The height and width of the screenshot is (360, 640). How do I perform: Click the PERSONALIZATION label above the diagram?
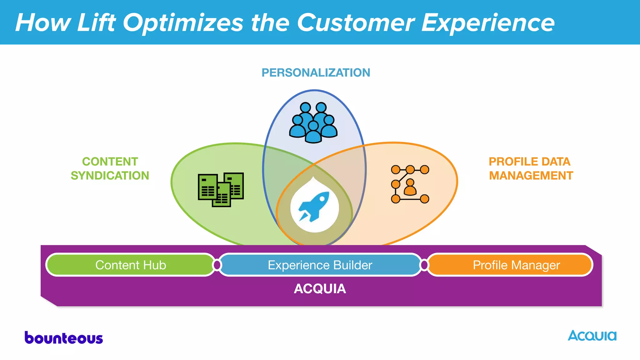tap(316, 73)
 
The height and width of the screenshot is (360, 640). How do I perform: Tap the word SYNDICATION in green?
tap(110, 176)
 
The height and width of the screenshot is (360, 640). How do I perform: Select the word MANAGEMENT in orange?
tap(531, 176)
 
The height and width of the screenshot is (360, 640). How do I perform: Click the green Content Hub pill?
tap(131, 265)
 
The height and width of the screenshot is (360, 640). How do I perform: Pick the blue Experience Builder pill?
tap(320, 265)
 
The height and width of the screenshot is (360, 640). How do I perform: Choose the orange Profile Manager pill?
tap(516, 265)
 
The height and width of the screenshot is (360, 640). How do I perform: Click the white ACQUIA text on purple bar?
tap(320, 289)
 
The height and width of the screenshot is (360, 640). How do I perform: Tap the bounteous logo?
tap(64, 338)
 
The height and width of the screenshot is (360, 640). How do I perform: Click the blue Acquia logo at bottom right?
tap(592, 336)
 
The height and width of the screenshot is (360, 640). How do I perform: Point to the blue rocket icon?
tap(314, 207)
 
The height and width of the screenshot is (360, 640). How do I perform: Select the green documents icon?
tap(221, 190)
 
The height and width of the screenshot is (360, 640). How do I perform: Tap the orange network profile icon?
tap(410, 184)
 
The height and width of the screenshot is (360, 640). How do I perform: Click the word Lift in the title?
tap(96, 22)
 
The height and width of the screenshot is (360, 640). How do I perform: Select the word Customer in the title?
tap(355, 22)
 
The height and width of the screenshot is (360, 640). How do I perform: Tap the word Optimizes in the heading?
tap(183, 22)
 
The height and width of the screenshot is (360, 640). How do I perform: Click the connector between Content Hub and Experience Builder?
tap(217, 265)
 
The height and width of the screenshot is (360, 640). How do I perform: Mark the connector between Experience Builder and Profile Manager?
tap(424, 265)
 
